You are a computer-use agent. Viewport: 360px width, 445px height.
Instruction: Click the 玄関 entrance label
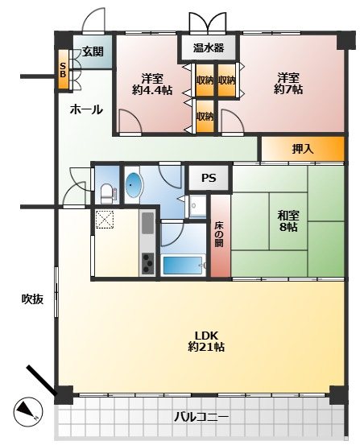click(93, 52)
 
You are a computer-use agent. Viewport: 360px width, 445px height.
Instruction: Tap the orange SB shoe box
click(64, 69)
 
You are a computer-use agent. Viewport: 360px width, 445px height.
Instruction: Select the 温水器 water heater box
click(209, 47)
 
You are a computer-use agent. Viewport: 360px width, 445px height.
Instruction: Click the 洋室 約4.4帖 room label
click(152, 84)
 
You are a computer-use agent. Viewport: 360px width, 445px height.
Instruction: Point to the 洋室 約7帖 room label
click(288, 83)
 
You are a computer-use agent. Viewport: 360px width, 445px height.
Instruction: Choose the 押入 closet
click(303, 149)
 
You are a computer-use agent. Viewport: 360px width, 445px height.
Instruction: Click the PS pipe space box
click(209, 178)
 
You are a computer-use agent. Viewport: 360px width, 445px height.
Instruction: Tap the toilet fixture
click(108, 193)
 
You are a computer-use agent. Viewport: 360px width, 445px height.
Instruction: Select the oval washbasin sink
click(133, 185)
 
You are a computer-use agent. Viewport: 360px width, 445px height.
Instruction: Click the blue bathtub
click(182, 265)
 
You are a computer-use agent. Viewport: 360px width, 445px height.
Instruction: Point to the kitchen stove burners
click(147, 263)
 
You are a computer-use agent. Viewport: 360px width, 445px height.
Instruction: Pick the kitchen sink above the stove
click(147, 222)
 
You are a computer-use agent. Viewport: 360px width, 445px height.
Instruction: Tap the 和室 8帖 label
click(288, 221)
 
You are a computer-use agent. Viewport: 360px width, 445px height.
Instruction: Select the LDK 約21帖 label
click(206, 341)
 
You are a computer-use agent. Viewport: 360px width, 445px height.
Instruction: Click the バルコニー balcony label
click(201, 418)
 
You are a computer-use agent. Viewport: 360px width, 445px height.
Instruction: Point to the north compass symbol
click(28, 411)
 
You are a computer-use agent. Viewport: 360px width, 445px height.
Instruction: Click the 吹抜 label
click(33, 299)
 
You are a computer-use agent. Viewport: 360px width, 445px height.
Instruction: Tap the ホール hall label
click(86, 109)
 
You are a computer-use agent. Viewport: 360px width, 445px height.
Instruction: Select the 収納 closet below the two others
click(205, 116)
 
